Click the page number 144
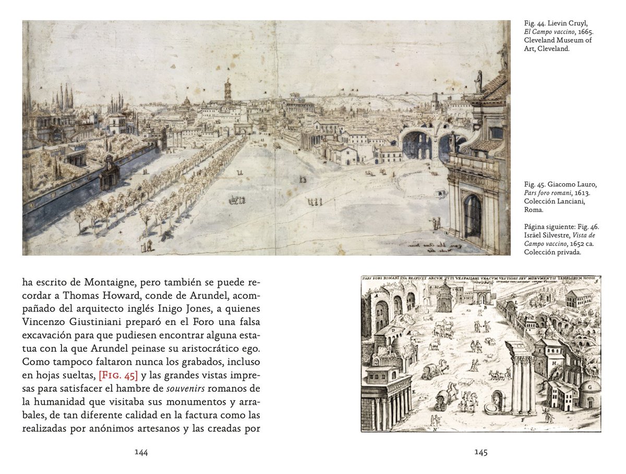141,452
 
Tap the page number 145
480,452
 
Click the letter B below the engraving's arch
485,307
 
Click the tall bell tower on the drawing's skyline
228,91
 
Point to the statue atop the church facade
478,81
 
